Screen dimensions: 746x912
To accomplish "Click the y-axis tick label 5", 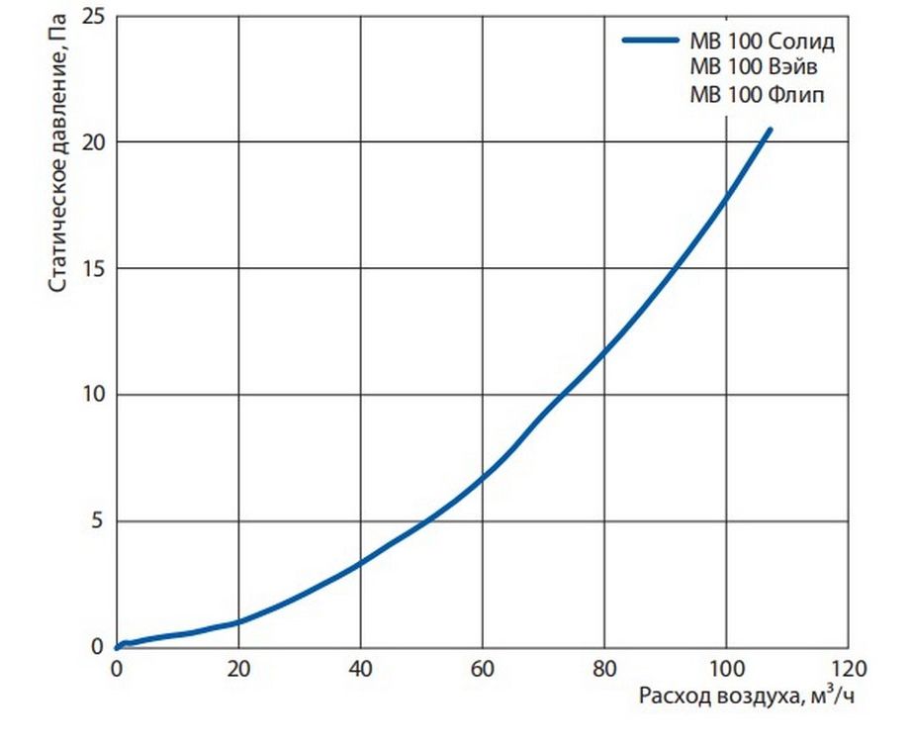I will [98, 521].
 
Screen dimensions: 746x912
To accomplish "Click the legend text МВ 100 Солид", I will [763, 43].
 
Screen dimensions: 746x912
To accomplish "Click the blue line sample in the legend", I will [649, 42].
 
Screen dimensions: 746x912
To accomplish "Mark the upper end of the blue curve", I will [770, 129].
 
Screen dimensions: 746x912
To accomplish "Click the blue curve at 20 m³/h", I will [238, 621].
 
